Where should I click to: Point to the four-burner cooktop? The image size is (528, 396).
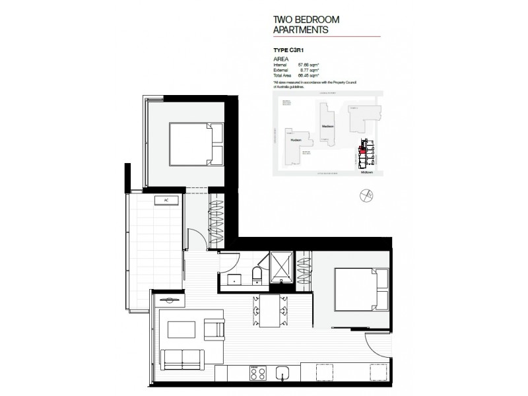click(257, 373)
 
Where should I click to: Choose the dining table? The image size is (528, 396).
click(269, 310)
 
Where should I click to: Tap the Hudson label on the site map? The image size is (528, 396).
click(295, 139)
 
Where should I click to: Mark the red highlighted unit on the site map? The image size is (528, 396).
click(362, 150)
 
